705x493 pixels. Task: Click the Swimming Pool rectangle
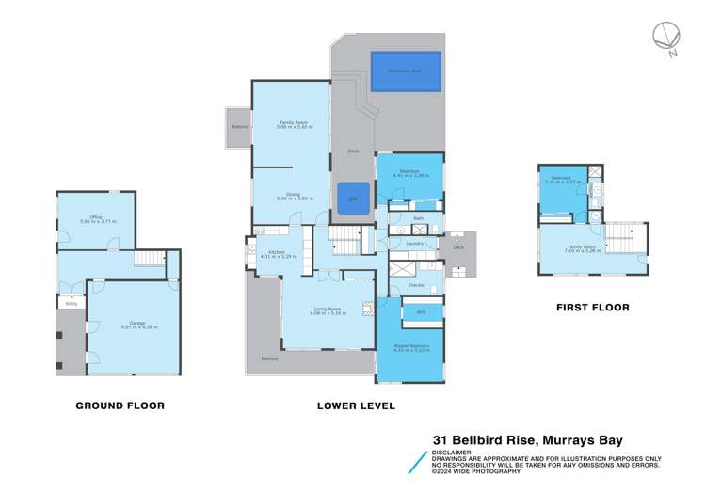(406, 72)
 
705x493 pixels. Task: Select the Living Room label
(327, 310)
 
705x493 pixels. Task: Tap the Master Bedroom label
(411, 348)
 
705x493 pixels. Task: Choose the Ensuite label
(414, 284)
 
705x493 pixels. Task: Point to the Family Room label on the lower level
(288, 125)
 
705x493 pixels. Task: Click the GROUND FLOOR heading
(120, 406)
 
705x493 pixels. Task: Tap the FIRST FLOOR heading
(591, 307)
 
